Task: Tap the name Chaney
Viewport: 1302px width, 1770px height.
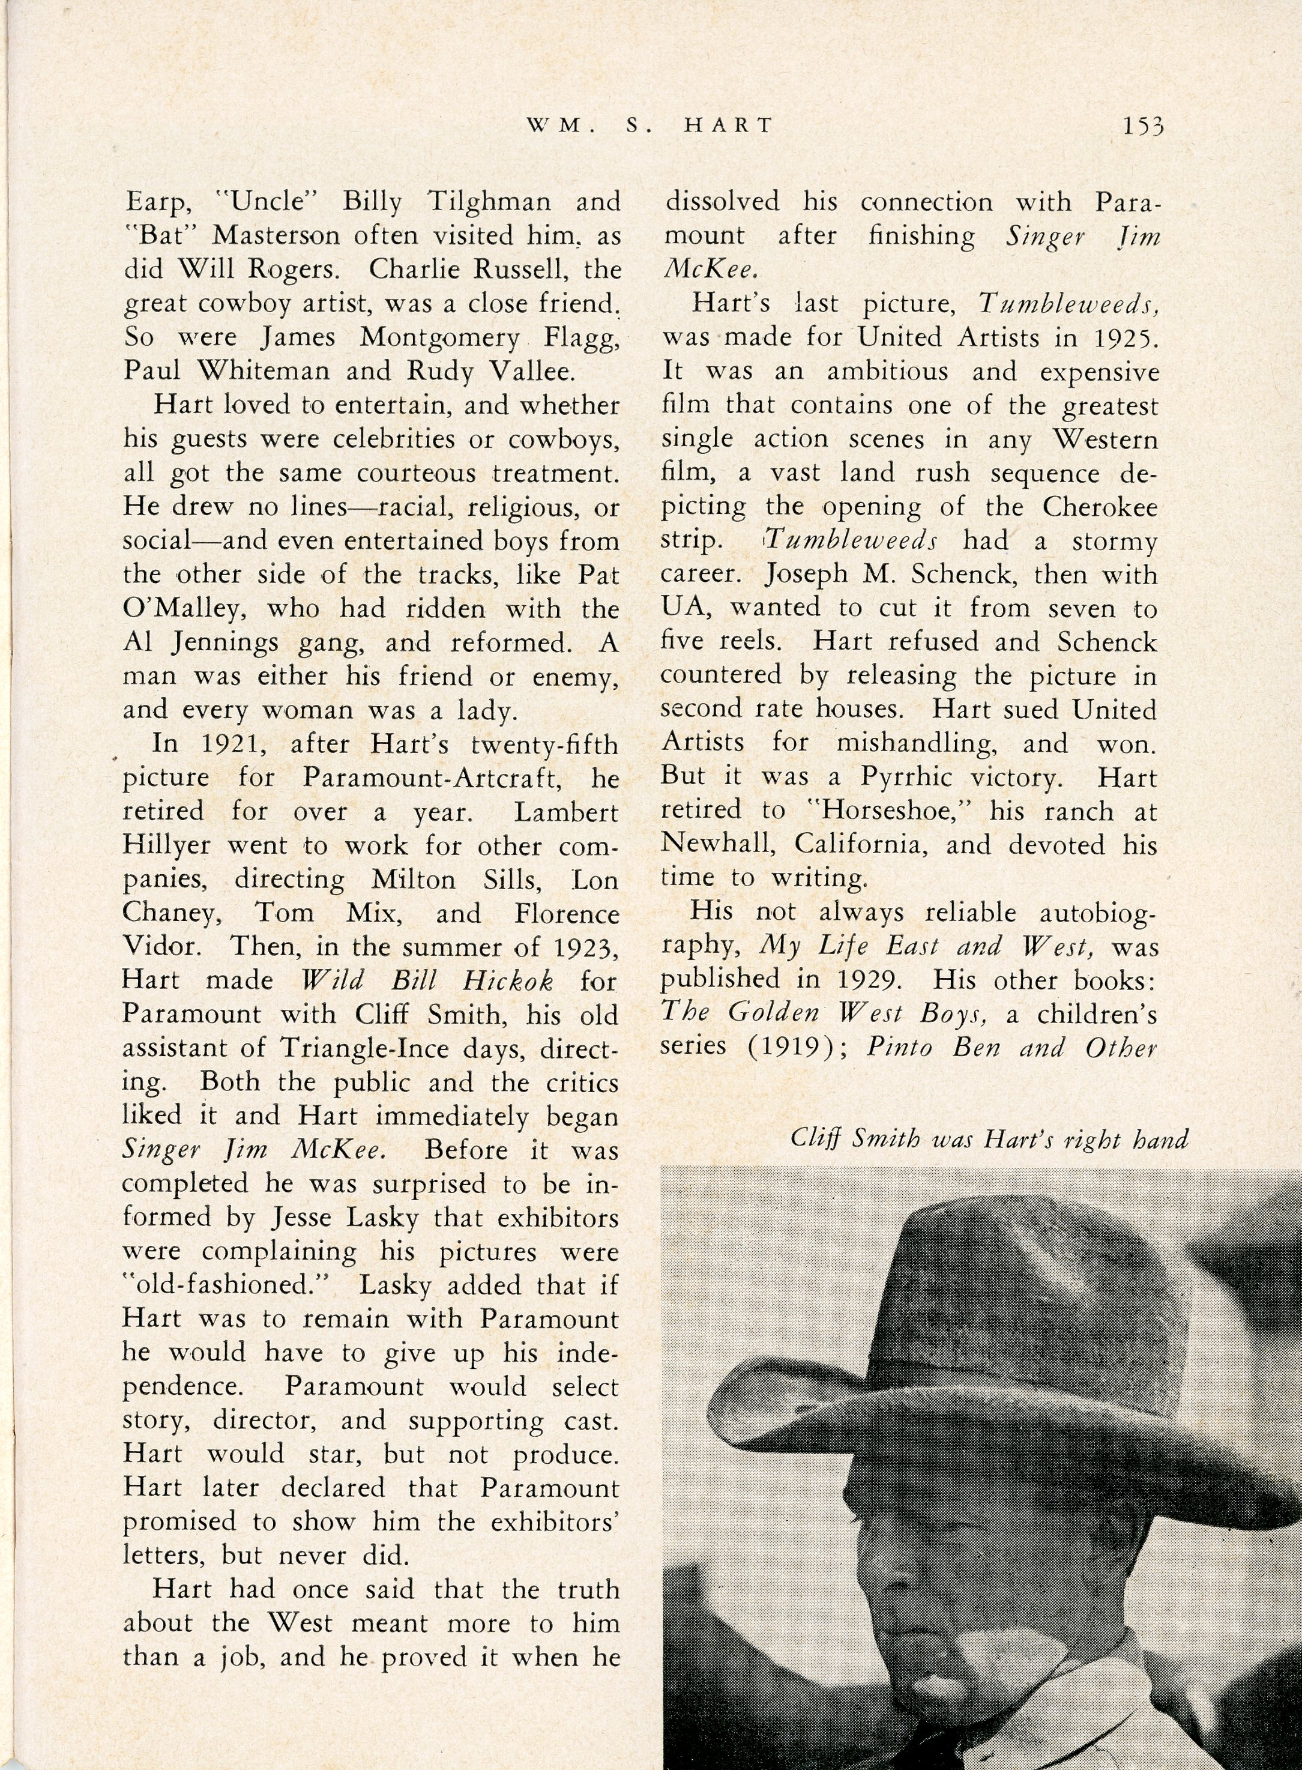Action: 171,913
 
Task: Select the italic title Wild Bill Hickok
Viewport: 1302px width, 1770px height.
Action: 428,981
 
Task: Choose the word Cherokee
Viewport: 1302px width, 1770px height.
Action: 1100,506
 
